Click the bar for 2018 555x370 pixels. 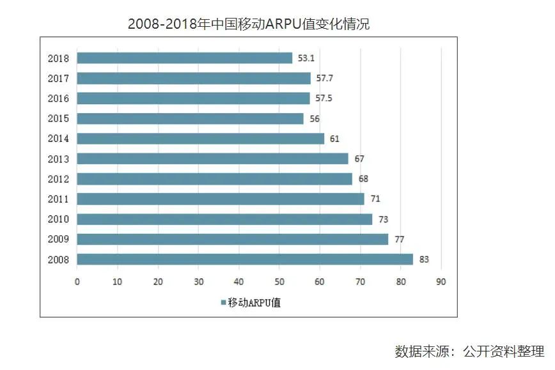(x=184, y=58)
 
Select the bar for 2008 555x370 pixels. (x=245, y=259)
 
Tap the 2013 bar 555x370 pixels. (x=212, y=158)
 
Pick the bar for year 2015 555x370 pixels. (x=190, y=119)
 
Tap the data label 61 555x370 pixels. (x=334, y=139)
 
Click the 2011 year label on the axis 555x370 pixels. (x=58, y=199)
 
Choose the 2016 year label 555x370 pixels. (x=58, y=98)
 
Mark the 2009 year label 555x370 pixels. (x=58, y=240)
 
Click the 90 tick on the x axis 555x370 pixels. (x=441, y=281)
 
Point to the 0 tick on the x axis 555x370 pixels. (x=77, y=281)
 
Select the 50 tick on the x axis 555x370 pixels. (x=279, y=281)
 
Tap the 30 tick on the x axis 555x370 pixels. (x=198, y=281)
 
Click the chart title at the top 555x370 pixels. (x=249, y=24)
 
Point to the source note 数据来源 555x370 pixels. (x=469, y=351)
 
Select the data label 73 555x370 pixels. (x=384, y=219)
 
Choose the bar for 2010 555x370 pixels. (x=224, y=219)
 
